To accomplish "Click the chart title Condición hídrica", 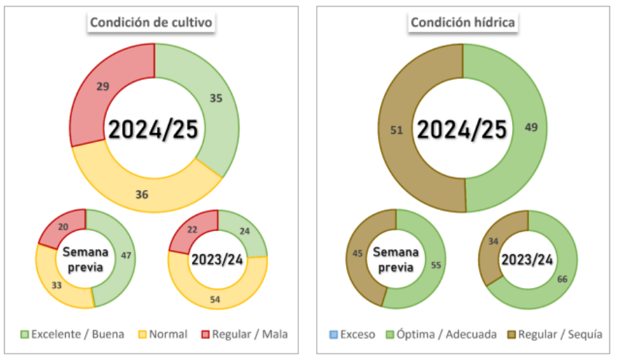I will [463, 23].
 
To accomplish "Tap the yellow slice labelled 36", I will [143, 194].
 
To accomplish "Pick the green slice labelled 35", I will [216, 98].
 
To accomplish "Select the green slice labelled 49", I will [530, 128].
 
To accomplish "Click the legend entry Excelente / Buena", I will [73, 335].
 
